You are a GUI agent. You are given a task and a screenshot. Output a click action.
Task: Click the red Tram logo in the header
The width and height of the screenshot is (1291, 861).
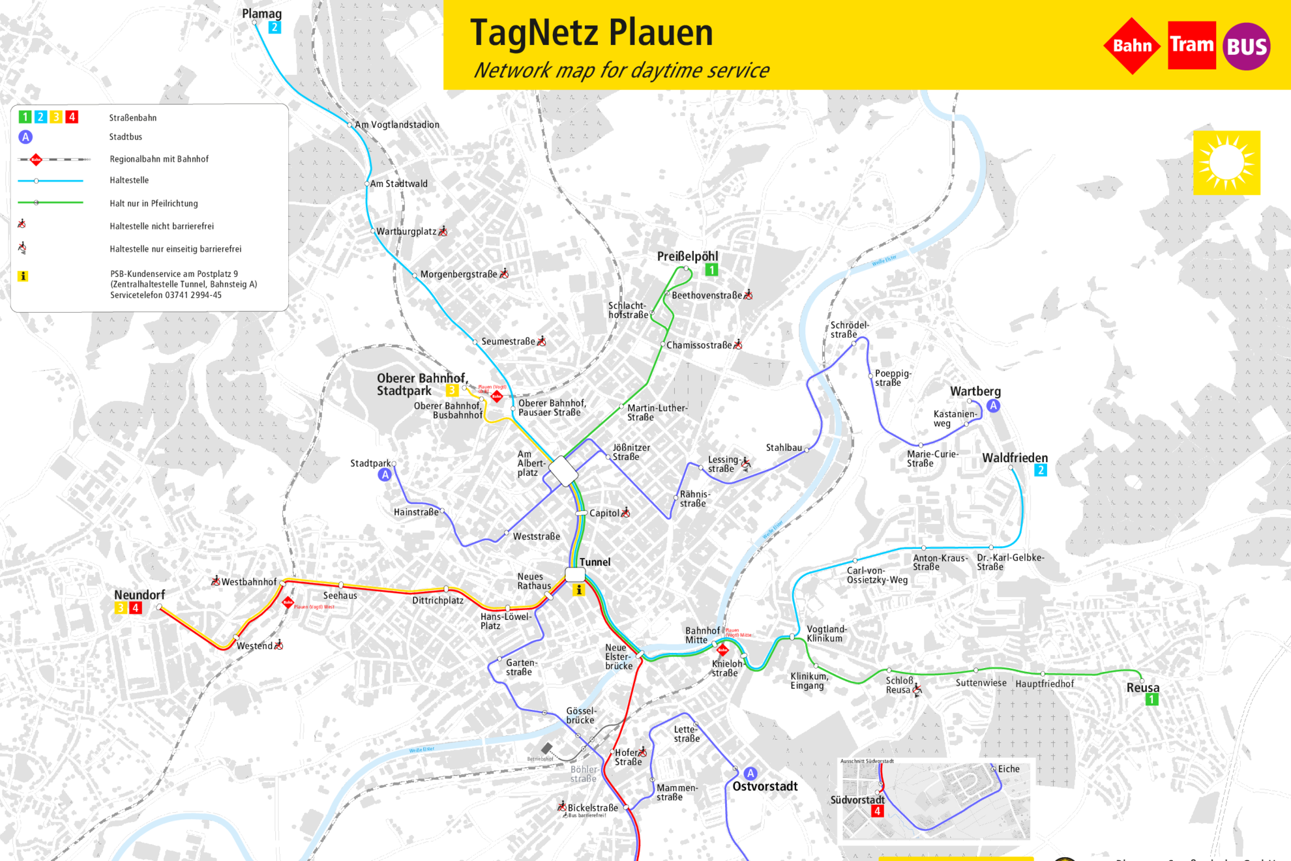[1191, 45]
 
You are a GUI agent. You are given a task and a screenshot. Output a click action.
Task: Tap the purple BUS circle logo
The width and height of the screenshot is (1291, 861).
[1246, 46]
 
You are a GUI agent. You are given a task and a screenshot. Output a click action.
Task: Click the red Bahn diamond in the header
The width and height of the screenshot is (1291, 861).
[1132, 46]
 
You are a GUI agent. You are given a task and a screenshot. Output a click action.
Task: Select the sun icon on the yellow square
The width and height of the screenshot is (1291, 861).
[1226, 163]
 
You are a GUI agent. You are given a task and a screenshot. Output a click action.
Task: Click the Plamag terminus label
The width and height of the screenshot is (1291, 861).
[261, 14]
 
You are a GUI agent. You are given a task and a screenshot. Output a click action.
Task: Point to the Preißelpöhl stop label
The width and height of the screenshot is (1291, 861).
[687, 256]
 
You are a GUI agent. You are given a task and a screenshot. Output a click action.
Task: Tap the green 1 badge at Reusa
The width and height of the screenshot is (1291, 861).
[1151, 699]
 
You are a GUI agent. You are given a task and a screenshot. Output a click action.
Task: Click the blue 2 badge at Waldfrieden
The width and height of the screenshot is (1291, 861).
[1041, 470]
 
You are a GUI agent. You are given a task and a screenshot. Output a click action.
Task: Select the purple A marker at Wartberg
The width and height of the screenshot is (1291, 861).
[993, 406]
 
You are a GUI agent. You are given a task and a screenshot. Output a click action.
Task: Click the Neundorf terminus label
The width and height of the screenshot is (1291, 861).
[140, 594]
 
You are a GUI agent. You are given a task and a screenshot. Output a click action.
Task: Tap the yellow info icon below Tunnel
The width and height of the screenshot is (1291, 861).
[578, 590]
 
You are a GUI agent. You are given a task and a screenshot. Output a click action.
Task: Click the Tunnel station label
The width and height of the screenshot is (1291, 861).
[595, 562]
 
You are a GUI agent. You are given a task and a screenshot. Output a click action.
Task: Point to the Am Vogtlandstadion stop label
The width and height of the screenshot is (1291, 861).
[396, 124]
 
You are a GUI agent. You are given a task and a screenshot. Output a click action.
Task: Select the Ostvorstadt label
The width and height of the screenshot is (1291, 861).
[765, 786]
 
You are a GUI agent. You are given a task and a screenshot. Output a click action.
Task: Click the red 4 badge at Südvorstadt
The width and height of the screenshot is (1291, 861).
[877, 811]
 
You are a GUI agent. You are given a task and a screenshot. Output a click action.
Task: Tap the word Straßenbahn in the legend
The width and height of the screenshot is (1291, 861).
[132, 118]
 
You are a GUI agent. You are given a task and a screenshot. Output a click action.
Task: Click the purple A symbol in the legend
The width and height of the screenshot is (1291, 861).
[25, 137]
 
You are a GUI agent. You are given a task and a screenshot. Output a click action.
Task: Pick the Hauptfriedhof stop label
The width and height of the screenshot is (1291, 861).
[1045, 684]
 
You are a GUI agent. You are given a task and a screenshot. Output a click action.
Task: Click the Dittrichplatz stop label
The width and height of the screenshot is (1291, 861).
[438, 600]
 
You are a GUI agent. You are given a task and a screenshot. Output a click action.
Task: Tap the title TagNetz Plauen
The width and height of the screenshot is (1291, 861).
[591, 33]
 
